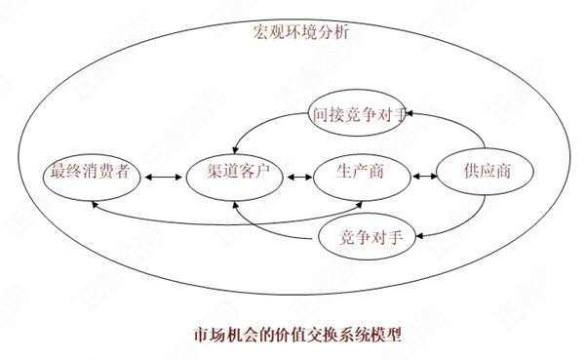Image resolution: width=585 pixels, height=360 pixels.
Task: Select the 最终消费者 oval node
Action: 93,175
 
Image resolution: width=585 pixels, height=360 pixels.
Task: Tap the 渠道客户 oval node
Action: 233,175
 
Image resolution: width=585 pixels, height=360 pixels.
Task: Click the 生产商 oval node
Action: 362,175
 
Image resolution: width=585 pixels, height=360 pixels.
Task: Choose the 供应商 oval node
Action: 485,174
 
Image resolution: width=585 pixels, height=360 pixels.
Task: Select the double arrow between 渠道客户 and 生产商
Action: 297,177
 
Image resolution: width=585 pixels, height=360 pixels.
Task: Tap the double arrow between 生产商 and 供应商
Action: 424,177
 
